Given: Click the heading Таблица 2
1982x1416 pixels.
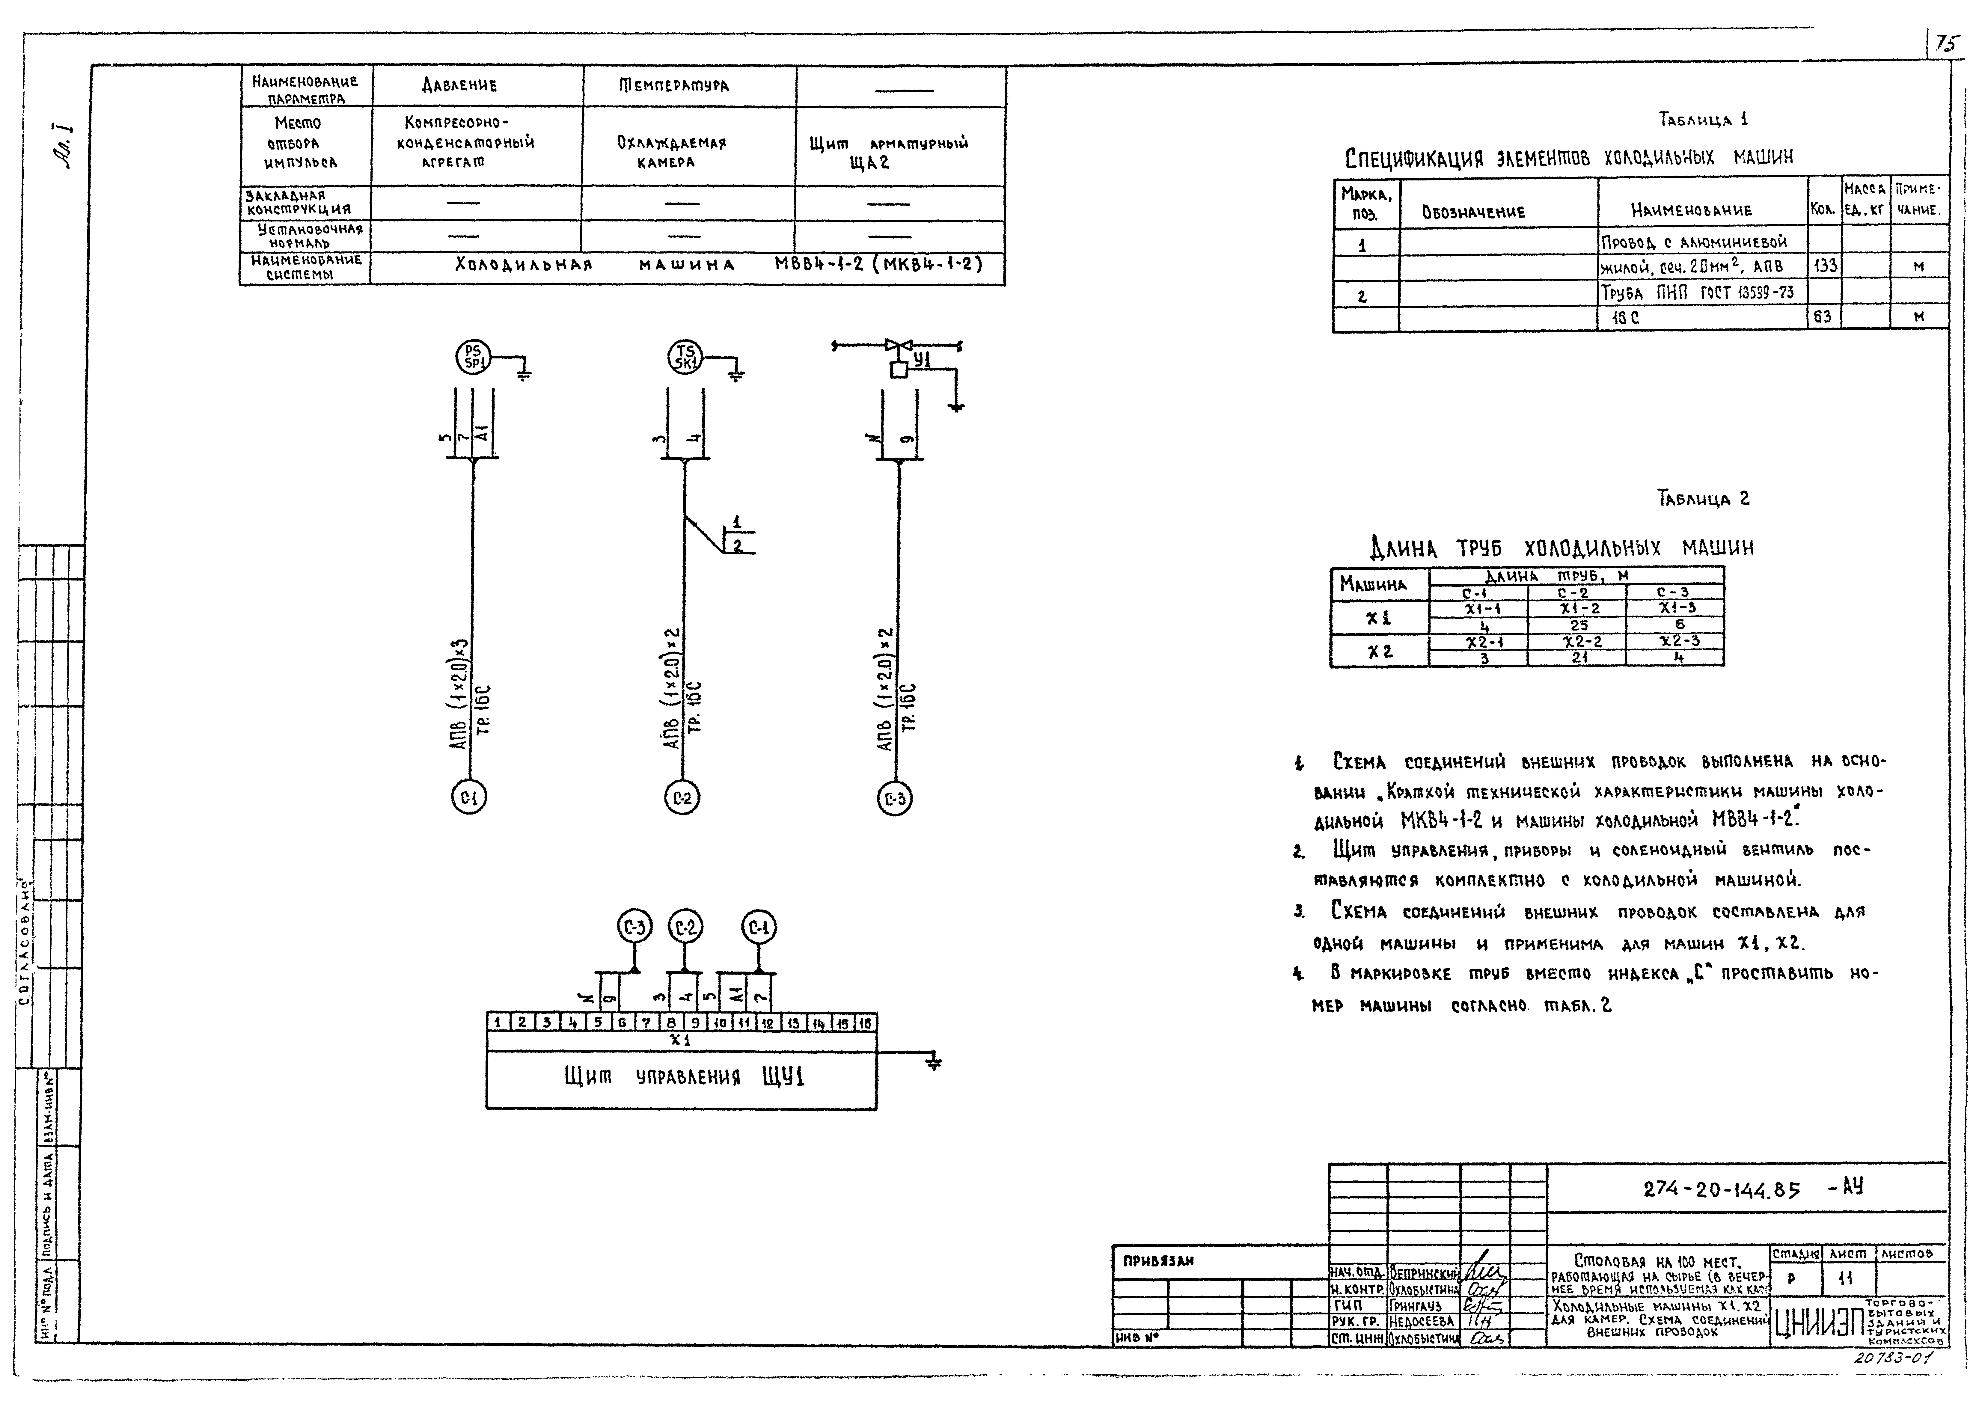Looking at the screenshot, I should click(x=1703, y=499).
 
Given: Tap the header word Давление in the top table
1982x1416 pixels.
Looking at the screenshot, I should click(x=459, y=85).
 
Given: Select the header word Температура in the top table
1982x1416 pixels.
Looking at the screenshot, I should click(x=674, y=85).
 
